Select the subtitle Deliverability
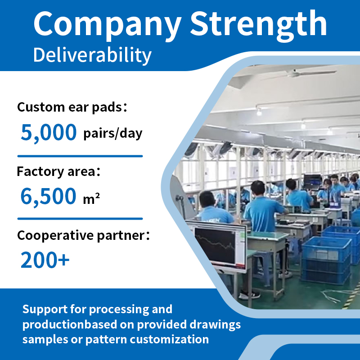tap(92, 55)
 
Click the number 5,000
tap(49, 132)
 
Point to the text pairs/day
tap(113, 133)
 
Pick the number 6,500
tap(48, 197)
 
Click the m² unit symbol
tap(91, 198)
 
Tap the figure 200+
tap(45, 260)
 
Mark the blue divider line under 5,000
tap(80, 156)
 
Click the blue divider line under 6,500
tap(80, 219)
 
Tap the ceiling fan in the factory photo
tap(298, 73)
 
